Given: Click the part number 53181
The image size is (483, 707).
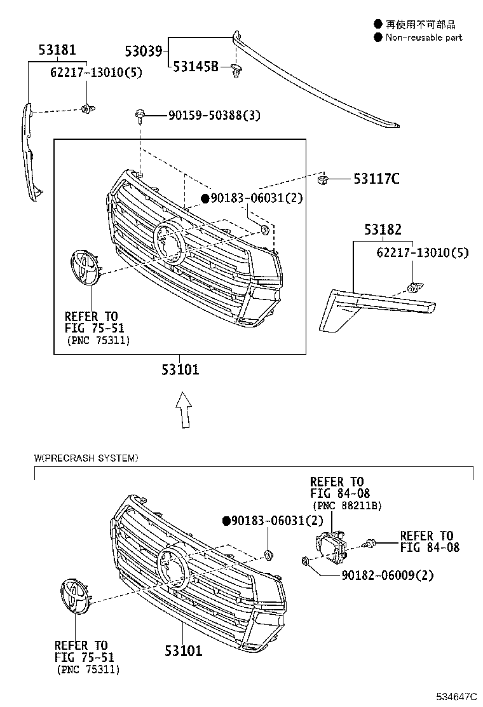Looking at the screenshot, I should [57, 50].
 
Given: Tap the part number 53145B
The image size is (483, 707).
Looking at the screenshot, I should [196, 67].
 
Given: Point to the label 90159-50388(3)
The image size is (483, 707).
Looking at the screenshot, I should [214, 115].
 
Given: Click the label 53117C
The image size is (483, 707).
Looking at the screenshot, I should [376, 179].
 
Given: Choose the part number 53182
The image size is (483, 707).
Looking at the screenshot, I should [383, 230].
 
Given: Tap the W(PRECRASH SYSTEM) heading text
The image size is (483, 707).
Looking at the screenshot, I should [86, 458].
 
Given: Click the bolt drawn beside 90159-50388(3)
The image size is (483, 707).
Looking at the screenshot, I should [140, 116].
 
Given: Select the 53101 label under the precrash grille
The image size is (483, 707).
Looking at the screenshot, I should [183, 650].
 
